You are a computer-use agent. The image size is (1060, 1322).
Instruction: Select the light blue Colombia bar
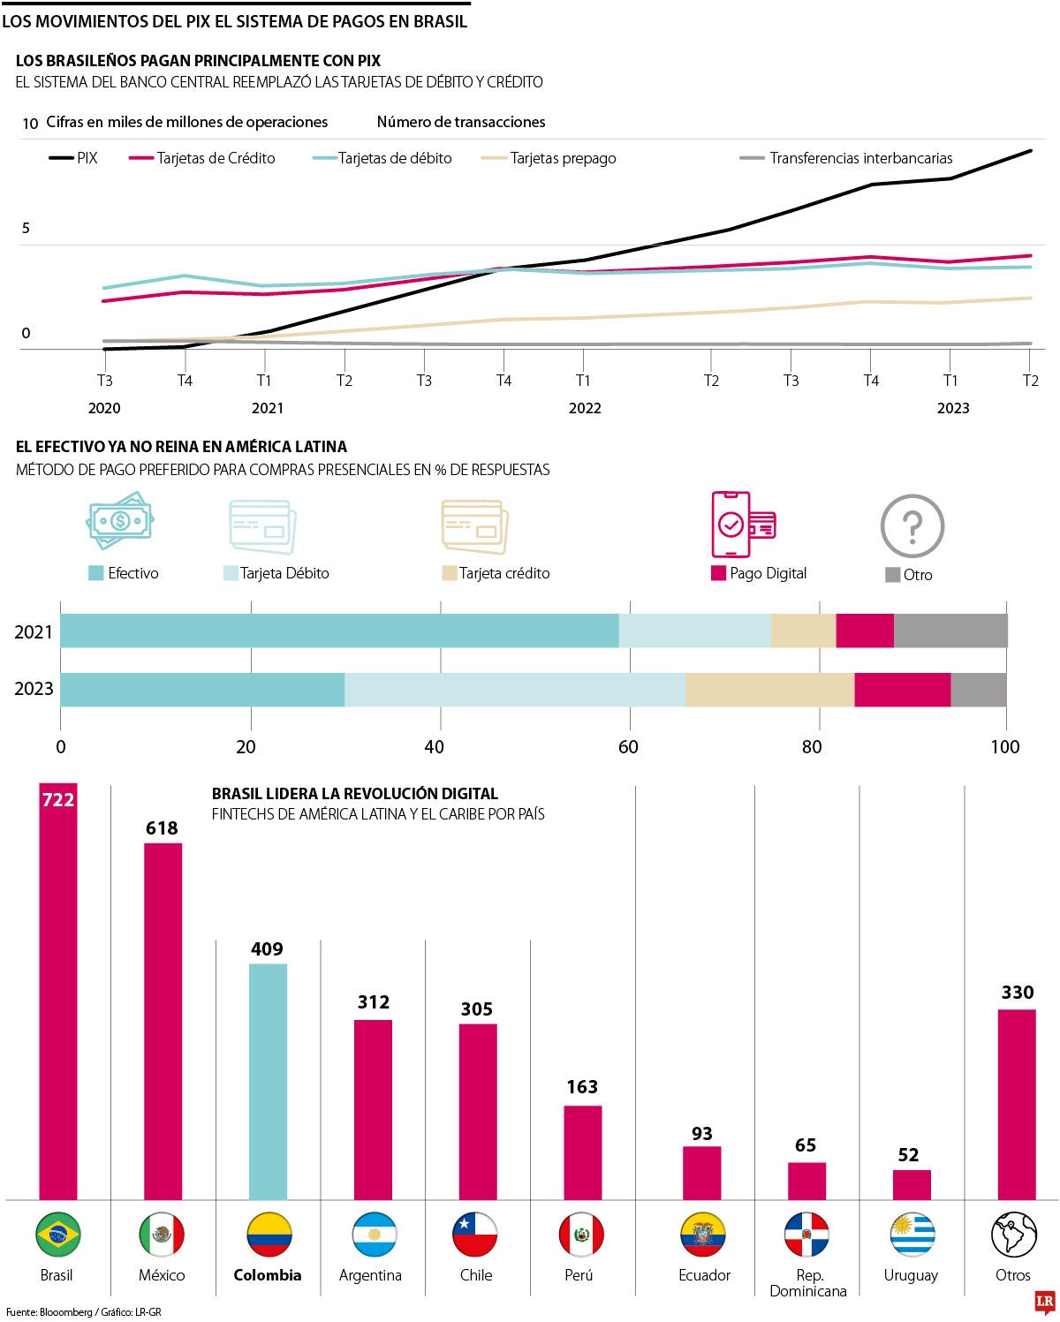(x=268, y=1081)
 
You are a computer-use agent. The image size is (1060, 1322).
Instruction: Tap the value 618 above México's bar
(x=162, y=828)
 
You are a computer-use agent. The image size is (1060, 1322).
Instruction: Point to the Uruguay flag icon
(x=912, y=1235)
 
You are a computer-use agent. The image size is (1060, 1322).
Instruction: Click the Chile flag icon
(x=475, y=1235)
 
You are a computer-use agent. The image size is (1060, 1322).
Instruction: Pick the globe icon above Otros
(x=1013, y=1235)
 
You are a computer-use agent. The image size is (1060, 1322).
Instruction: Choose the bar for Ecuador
(x=701, y=1173)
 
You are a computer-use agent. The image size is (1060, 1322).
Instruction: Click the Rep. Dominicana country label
(x=808, y=1282)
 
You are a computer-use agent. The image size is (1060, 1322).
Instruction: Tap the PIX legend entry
(x=74, y=158)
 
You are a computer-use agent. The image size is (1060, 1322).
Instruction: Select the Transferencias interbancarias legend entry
(x=848, y=158)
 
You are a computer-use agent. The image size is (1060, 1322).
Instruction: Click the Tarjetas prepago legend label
(x=562, y=158)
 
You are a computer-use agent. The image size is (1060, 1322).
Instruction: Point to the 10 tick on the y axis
(x=30, y=124)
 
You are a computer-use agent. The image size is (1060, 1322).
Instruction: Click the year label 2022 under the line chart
(x=585, y=408)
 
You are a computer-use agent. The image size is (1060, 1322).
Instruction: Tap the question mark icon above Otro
(x=912, y=526)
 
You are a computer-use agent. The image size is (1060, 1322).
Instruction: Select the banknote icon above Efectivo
(x=120, y=521)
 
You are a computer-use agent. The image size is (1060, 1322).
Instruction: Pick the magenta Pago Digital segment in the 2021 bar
(x=865, y=631)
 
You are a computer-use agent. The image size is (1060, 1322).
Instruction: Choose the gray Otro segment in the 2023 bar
(x=979, y=690)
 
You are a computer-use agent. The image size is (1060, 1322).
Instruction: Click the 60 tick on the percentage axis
(x=628, y=747)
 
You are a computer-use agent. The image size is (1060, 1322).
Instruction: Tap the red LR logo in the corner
(x=1045, y=1301)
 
